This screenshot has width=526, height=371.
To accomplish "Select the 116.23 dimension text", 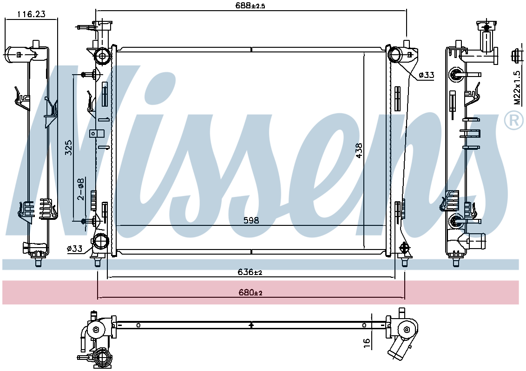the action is [31, 14].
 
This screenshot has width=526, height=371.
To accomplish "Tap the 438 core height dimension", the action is [359, 151].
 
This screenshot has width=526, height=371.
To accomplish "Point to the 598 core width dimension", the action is [251, 220].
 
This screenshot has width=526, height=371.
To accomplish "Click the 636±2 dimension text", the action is [250, 272].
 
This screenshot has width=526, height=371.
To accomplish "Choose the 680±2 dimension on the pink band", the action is [250, 293].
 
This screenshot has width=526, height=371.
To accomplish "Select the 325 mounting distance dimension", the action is [69, 147].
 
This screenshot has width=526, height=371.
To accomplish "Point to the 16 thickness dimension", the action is [367, 342].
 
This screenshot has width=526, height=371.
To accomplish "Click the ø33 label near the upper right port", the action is [427, 75].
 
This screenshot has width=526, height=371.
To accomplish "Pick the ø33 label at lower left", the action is [74, 249].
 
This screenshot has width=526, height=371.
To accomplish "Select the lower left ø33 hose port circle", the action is [100, 242].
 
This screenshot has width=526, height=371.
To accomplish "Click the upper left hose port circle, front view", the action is [102, 56].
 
